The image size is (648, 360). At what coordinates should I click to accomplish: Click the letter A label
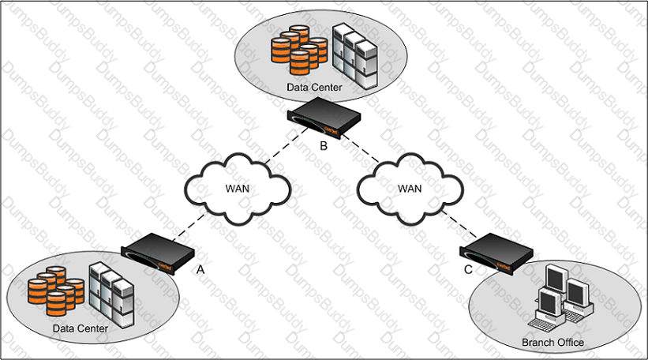(200, 269)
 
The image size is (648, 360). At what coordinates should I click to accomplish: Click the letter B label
(324, 146)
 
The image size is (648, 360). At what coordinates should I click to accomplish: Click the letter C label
(468, 269)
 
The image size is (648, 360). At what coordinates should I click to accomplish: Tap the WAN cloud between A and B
(238, 189)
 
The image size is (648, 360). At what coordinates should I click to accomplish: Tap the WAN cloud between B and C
(410, 189)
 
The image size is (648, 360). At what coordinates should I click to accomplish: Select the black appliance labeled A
(158, 253)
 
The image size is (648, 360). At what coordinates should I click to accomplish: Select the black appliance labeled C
(496, 253)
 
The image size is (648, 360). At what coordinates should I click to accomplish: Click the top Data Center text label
(314, 88)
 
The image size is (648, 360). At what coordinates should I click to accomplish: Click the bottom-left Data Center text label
(81, 328)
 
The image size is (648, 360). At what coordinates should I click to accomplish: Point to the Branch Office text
(553, 343)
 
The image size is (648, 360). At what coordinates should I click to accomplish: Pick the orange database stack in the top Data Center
(299, 50)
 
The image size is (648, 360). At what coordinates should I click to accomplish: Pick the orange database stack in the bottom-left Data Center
(56, 291)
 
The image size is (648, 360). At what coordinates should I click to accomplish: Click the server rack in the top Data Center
(355, 57)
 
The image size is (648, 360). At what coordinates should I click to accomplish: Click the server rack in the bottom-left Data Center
(111, 295)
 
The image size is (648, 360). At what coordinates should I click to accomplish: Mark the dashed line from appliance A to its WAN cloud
(189, 227)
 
